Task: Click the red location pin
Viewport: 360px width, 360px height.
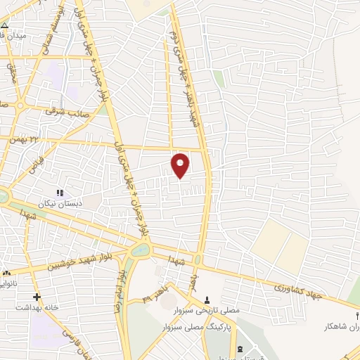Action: coord(181,165)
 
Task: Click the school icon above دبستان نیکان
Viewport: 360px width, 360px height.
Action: coord(60,192)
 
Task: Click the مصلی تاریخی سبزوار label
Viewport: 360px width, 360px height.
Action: coord(207,309)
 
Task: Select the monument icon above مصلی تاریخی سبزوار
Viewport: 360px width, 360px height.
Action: coord(207,299)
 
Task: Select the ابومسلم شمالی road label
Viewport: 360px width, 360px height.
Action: coord(59,25)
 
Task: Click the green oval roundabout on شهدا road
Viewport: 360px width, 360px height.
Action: coord(140,249)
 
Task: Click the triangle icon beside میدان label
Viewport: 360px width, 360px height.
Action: coord(5,23)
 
